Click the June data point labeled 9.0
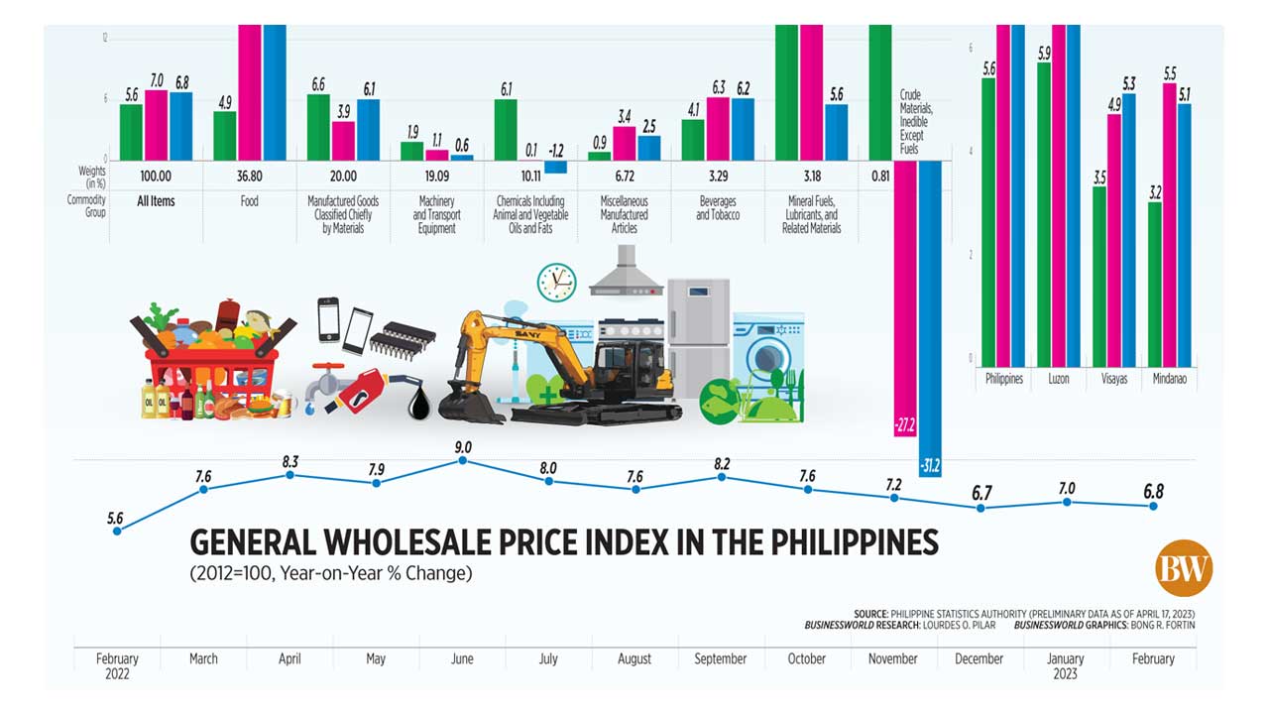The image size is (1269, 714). tap(463, 461)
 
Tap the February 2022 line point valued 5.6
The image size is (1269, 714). tap(117, 531)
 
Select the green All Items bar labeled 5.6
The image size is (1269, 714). tap(131, 132)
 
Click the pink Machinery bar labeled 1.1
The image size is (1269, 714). tap(436, 155)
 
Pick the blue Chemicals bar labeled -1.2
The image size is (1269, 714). tap(556, 167)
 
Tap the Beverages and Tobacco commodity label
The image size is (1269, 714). tap(719, 208)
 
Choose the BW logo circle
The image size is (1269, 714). tap(1184, 568)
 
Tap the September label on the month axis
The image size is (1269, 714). tap(720, 658)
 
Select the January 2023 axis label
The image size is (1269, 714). tap(1066, 664)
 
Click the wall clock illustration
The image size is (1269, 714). tap(556, 282)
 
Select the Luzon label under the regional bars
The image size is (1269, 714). tap(1058, 379)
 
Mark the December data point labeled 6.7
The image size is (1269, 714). tap(981, 508)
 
